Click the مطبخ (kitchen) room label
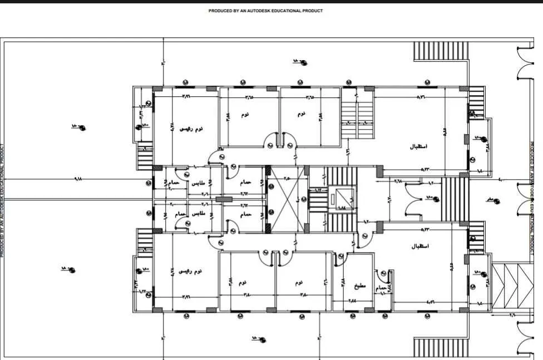pyautogui.click(x=360, y=287)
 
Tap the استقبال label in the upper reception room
pyautogui.click(x=418, y=147)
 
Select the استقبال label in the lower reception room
pyautogui.click(x=418, y=246)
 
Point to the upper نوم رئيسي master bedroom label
pyautogui.click(x=190, y=129)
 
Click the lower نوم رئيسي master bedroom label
pyautogui.click(x=190, y=271)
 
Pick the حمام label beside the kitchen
pyautogui.click(x=381, y=288)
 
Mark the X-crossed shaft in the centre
pyautogui.click(x=287, y=199)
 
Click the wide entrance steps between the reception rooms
pyautogui.click(x=455, y=199)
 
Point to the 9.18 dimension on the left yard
pyautogui.click(x=77, y=179)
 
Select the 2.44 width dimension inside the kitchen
pyautogui.click(x=353, y=301)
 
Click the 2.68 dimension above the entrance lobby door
pyautogui.click(x=398, y=180)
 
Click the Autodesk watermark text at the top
pyautogui.click(x=265, y=11)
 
